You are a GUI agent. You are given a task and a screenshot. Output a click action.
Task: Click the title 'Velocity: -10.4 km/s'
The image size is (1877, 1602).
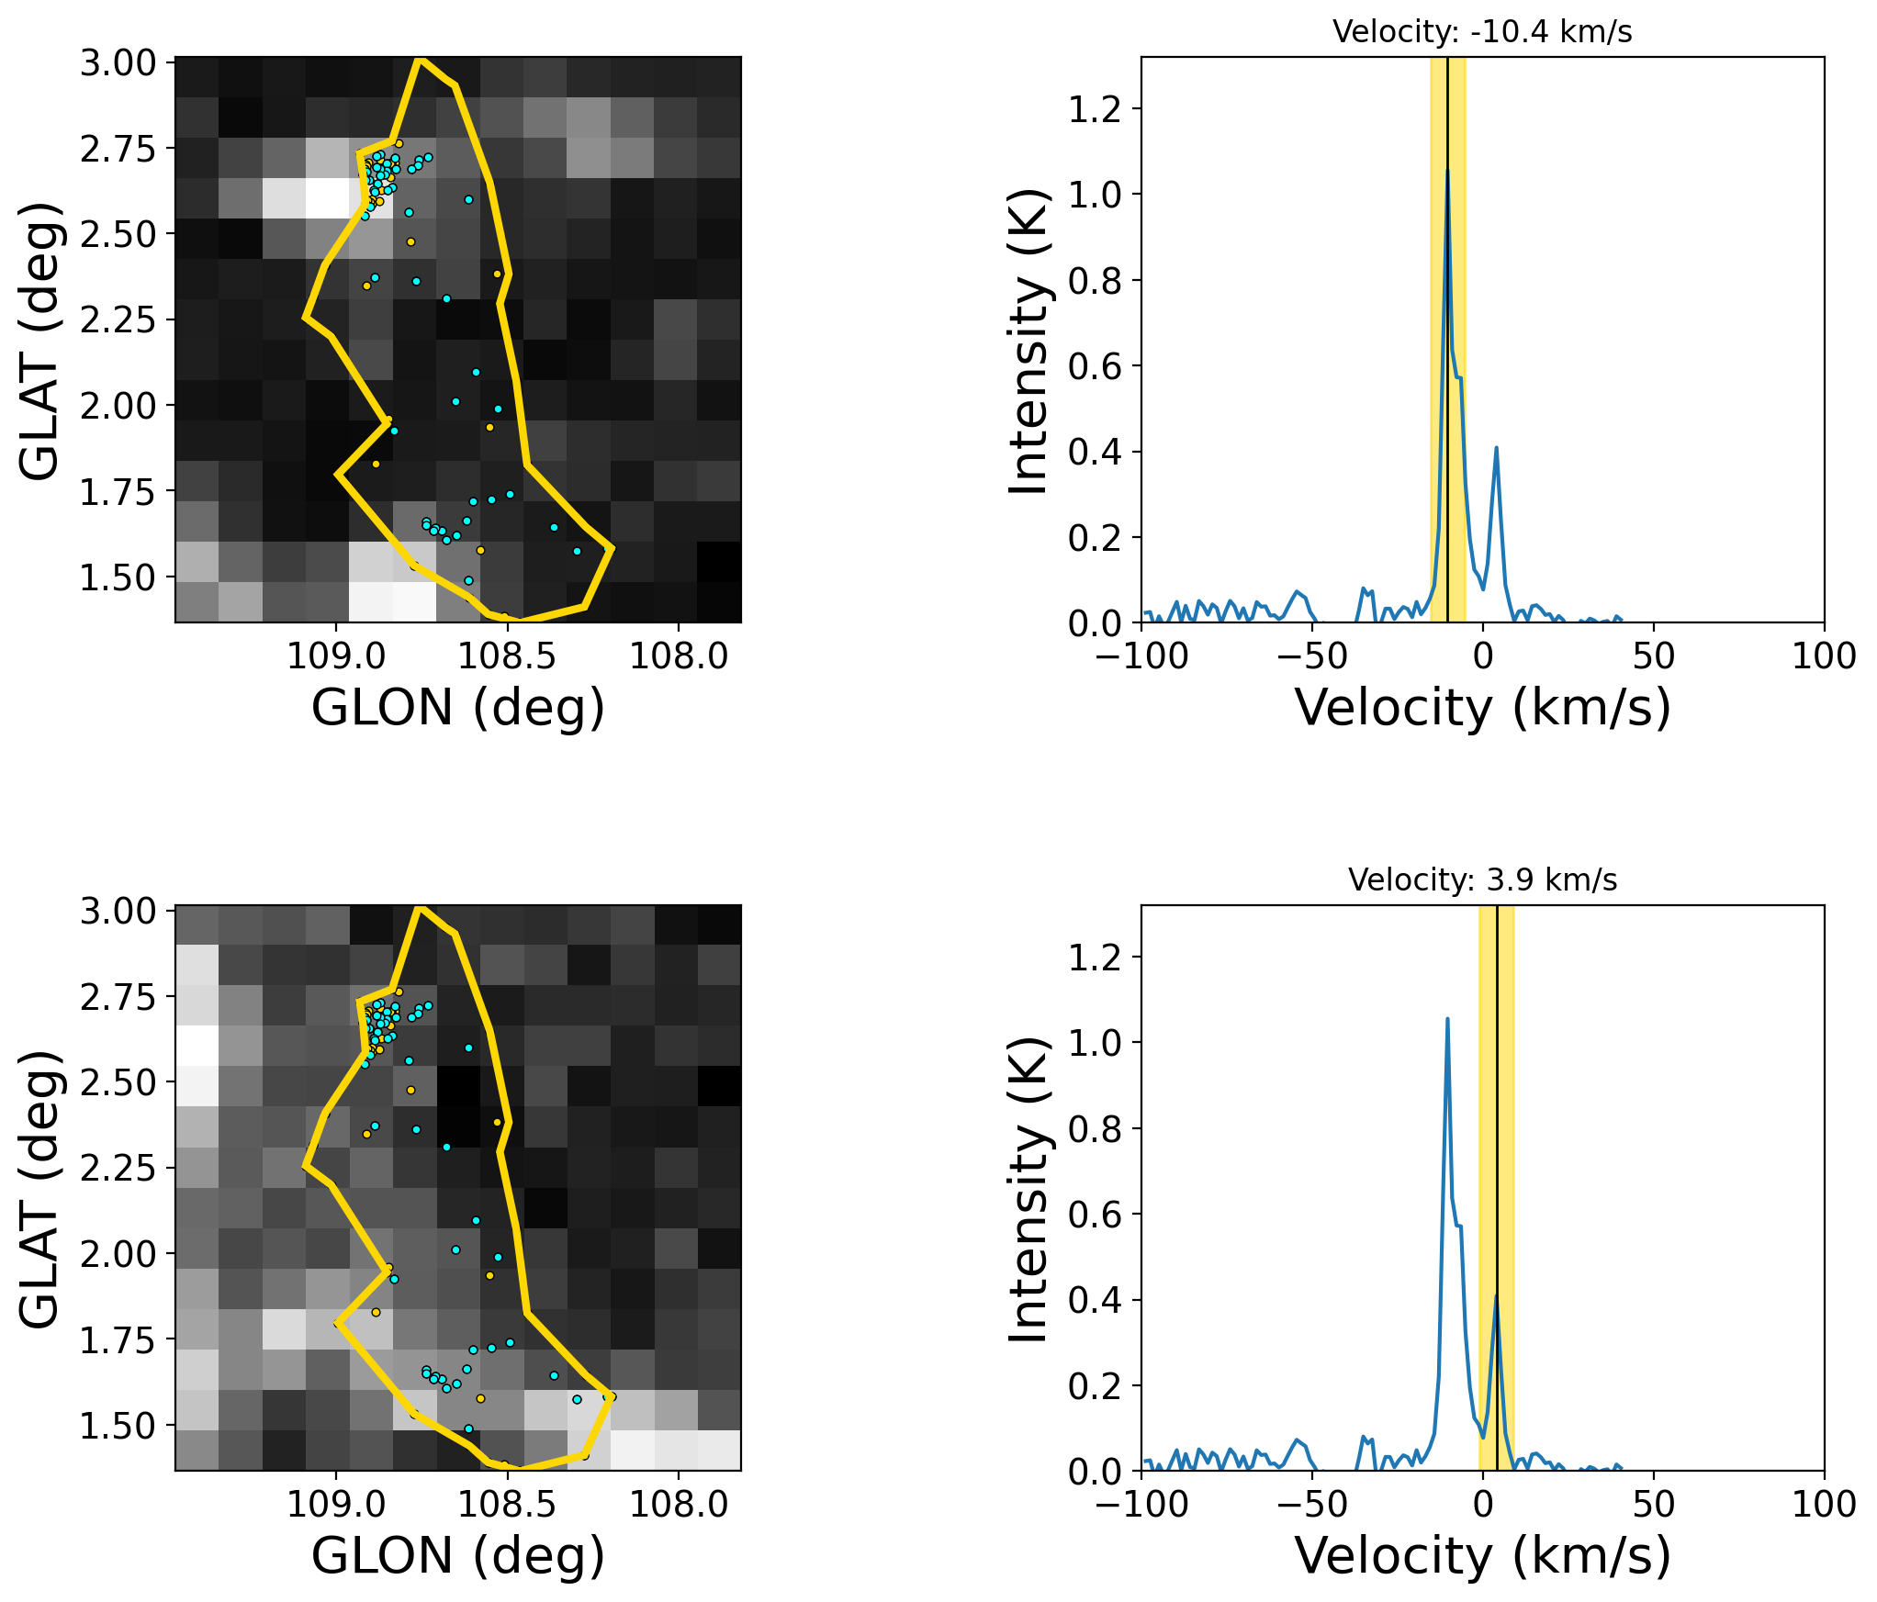point(1482,32)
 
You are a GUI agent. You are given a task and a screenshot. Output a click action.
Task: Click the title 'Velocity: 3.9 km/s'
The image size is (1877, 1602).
point(1482,880)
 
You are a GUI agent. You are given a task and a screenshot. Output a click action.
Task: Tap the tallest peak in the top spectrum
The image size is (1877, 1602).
point(1447,172)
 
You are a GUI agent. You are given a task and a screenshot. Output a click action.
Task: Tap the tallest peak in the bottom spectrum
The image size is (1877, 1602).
point(1447,1019)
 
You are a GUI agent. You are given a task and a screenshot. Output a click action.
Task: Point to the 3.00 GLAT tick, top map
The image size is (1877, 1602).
point(118,63)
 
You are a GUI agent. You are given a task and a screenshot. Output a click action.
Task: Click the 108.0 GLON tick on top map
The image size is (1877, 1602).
point(679,656)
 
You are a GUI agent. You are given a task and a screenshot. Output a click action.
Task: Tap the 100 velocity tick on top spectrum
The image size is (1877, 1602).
point(1824,656)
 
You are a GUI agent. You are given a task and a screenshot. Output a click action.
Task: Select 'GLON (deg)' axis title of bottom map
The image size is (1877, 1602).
point(458,1556)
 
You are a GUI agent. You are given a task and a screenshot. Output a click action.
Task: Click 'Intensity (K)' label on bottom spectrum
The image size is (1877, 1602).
point(1028,1189)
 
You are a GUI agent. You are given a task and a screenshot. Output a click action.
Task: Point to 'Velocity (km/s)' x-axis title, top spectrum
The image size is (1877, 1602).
point(1482,708)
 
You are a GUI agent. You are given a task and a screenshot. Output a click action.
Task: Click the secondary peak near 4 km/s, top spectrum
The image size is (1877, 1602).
point(1496,448)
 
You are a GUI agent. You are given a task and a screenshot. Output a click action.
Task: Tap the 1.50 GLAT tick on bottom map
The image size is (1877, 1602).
point(118,1427)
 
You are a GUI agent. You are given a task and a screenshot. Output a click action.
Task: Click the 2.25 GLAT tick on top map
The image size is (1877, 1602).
point(118,320)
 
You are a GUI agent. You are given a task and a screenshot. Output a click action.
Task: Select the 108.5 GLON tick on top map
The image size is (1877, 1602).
point(507,656)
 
